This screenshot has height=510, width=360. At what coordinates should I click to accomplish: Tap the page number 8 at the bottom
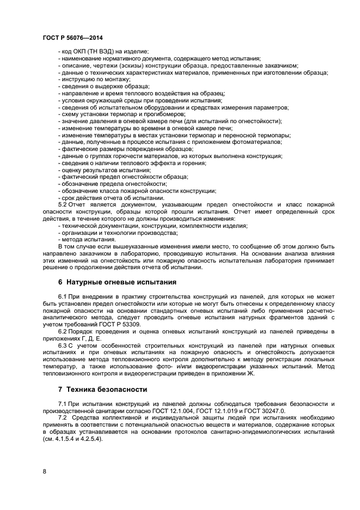coord(44,472)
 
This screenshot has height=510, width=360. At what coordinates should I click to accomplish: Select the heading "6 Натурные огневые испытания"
coord(117,282)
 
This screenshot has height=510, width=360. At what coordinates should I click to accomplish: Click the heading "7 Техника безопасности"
coord(103,390)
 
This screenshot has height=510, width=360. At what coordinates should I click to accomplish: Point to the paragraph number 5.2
coord(64,204)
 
